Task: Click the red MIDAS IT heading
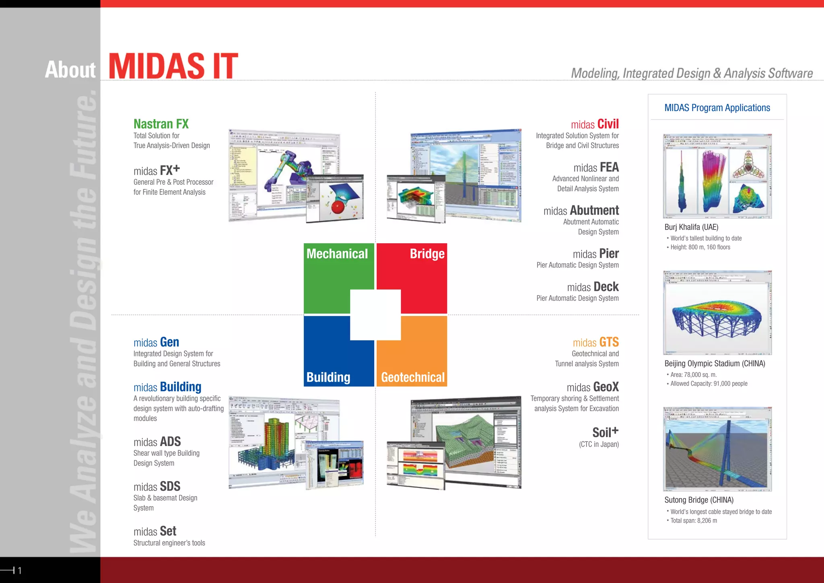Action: tap(173, 66)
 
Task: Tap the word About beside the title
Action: tap(70, 70)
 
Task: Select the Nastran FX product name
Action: tap(161, 124)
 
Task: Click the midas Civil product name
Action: tap(595, 124)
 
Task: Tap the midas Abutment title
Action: tap(581, 211)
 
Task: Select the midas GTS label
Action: tap(595, 342)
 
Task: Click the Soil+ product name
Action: tap(605, 432)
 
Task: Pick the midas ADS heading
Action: tap(157, 442)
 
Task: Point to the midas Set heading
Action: tap(155, 531)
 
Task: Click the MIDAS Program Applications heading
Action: tap(717, 108)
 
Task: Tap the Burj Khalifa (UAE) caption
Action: tap(691, 227)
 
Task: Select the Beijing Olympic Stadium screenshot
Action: tap(717, 312)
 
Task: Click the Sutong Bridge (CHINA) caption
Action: tap(699, 500)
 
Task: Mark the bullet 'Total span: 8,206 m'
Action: tap(694, 521)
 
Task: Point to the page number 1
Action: tap(19, 570)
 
